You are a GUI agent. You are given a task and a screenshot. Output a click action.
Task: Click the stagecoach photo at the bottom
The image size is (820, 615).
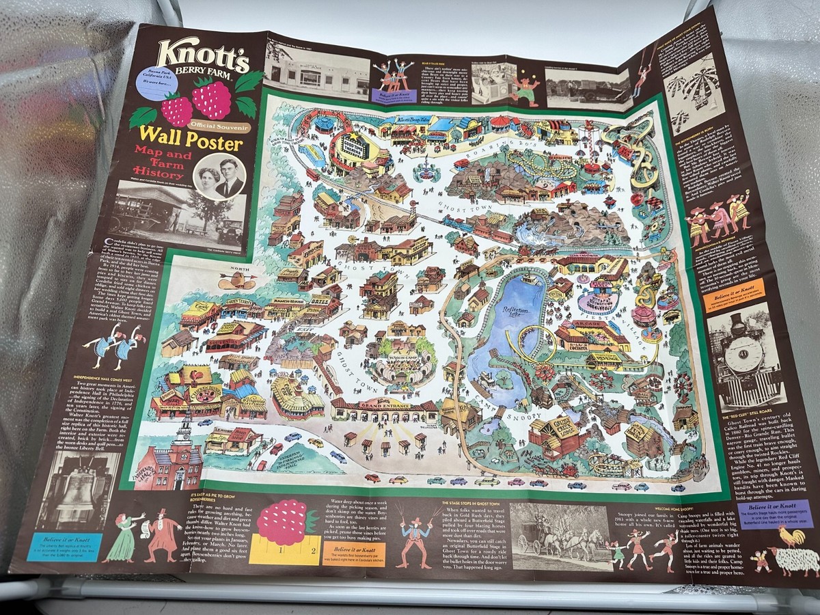557,536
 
